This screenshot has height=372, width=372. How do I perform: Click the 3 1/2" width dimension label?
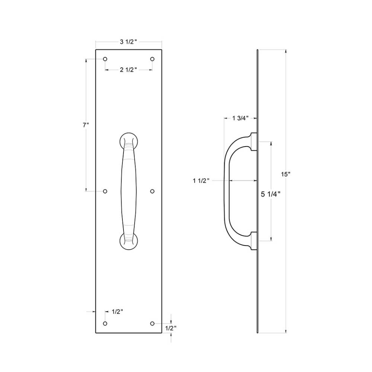pos(128,42)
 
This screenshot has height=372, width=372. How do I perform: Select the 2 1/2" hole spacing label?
pos(129,70)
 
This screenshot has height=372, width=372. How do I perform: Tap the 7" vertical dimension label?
pos(86,125)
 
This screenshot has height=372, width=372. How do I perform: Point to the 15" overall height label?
pos(286,174)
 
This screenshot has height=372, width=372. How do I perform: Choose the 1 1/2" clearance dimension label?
pos(201,181)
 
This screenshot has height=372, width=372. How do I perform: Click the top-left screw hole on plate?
pos(105,59)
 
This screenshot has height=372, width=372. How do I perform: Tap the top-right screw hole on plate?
pos(152,59)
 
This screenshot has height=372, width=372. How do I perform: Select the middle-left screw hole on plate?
pos(105,191)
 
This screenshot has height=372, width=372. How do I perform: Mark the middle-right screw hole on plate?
pos(152,191)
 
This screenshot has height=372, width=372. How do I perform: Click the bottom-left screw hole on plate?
pos(105,323)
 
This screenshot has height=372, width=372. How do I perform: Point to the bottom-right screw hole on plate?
pos(152,323)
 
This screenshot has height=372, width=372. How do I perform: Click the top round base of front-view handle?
pos(128,140)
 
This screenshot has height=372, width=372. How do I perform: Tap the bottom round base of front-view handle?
pos(128,241)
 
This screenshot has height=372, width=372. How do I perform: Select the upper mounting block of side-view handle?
pos(254,142)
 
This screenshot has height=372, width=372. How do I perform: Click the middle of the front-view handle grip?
pos(128,191)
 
